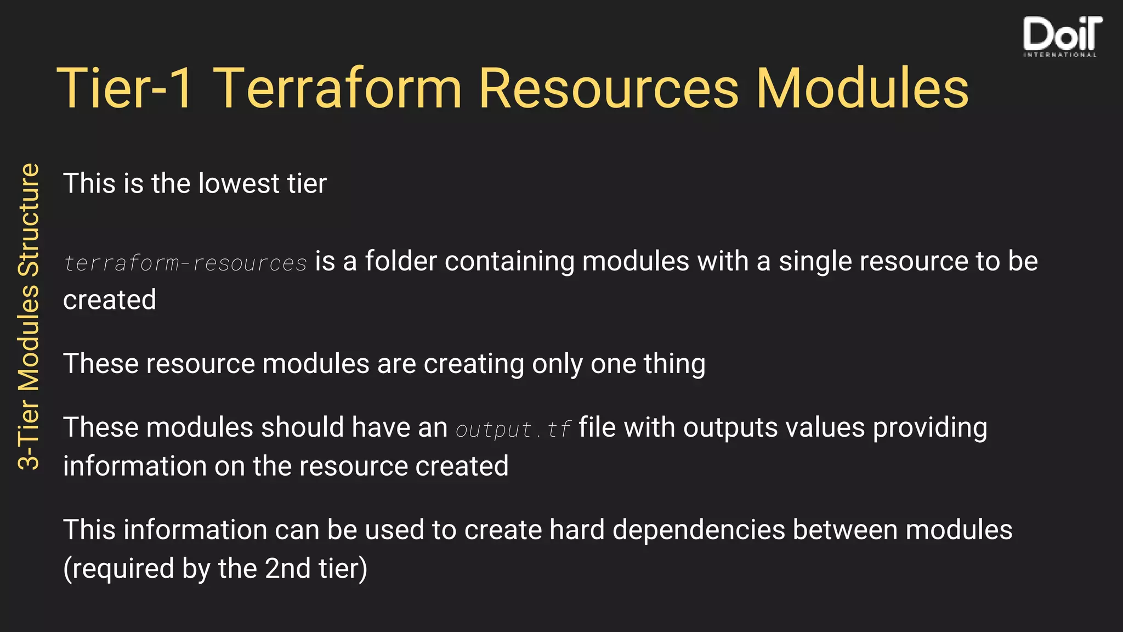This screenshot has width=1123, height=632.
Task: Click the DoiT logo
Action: pyautogui.click(x=1062, y=34)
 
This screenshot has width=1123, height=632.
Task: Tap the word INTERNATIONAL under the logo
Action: pyautogui.click(x=1060, y=55)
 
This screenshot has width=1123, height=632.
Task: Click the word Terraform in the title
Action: pyautogui.click(x=338, y=88)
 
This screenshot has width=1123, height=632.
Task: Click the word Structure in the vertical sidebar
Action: pyautogui.click(x=29, y=219)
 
